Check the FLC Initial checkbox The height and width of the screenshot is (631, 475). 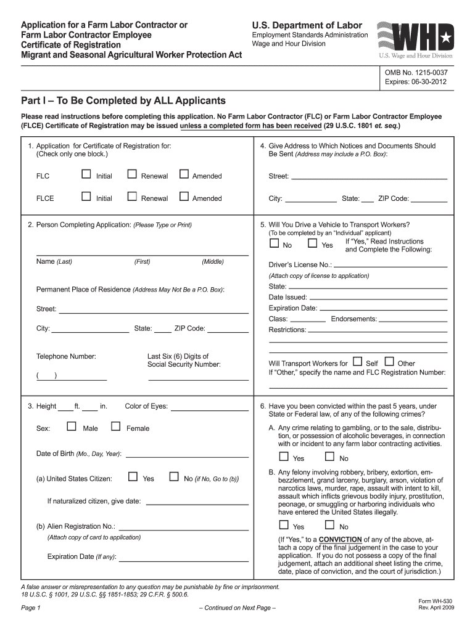(86, 175)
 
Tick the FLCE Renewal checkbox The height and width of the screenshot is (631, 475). (131, 197)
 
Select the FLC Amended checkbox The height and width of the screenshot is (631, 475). (183, 175)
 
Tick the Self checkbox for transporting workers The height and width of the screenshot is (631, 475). (357, 362)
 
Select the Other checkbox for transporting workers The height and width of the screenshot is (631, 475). (389, 362)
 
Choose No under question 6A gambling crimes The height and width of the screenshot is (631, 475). (329, 457)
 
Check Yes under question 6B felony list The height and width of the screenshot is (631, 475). (284, 526)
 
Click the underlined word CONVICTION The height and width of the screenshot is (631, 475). (341, 539)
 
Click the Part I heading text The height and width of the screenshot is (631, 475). (123, 100)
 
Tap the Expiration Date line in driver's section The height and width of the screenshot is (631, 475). (383, 309)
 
